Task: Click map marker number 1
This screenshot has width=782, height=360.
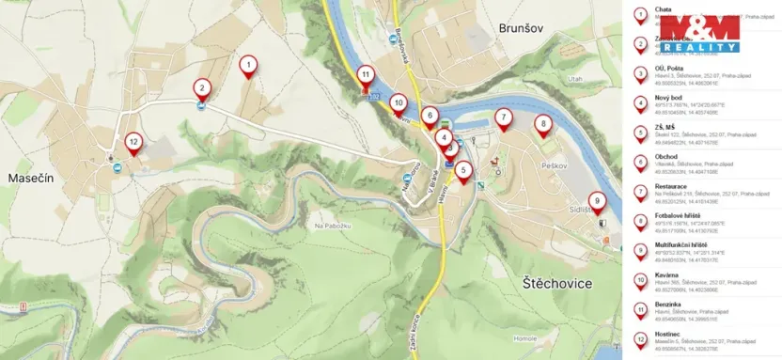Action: pos(247,65)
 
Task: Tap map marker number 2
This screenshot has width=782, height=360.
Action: pos(201,88)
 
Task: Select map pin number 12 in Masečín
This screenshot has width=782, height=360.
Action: pos(134,142)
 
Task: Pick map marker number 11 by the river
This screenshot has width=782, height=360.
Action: pos(365,74)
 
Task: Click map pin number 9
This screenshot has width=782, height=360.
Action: pos(597,199)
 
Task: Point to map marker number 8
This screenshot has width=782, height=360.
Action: pos(542,123)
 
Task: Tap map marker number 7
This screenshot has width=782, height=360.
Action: pos(504,117)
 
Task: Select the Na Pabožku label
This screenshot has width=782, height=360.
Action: pos(332,227)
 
